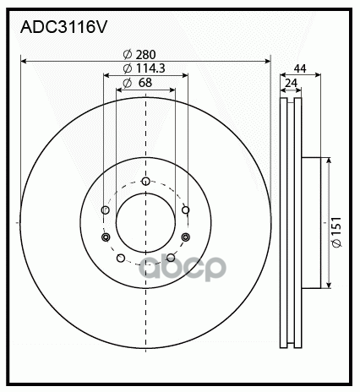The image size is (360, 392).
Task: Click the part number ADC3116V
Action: click(63, 27)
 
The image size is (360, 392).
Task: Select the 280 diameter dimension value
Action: click(145, 55)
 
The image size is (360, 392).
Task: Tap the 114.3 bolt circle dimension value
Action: click(150, 68)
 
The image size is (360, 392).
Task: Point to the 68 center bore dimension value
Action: click(145, 83)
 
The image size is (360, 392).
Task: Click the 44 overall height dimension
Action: click(300, 68)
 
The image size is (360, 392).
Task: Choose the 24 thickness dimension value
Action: click(292, 84)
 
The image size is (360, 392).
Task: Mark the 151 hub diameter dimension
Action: click(337, 227)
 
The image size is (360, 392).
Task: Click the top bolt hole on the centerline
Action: click(145, 181)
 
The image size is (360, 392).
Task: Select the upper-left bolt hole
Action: click(106, 210)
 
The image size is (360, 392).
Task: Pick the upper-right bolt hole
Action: click(186, 210)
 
